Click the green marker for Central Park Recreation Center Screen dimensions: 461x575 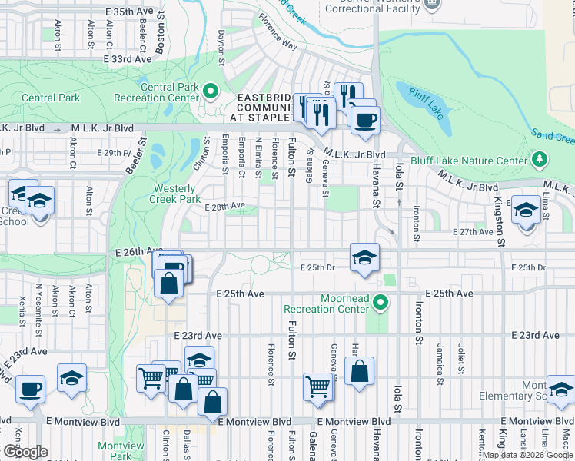click(211, 93)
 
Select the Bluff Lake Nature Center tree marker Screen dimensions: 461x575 click(540, 160)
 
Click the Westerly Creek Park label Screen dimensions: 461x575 click(177, 194)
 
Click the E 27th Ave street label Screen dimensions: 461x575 click(473, 231)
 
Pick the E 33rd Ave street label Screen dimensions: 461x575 click(125, 58)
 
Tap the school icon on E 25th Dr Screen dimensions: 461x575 click(364, 257)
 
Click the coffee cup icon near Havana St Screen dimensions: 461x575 click(364, 118)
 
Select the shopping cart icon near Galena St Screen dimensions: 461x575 click(317, 386)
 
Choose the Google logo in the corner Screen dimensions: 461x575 click(25, 452)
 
